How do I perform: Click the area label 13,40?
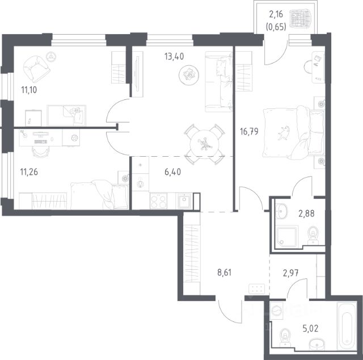(174, 56)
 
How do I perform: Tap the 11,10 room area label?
(29, 90)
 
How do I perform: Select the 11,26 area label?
(29, 172)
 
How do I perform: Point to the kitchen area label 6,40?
(172, 172)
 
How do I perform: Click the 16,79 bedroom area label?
(249, 132)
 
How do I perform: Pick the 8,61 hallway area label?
(225, 273)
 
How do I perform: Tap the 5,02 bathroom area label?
(310, 328)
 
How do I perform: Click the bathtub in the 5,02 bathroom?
(347, 325)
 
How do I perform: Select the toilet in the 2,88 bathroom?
(313, 236)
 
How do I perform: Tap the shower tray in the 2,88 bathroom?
(286, 237)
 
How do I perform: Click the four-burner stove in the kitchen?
(159, 201)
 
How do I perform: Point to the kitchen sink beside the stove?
(184, 201)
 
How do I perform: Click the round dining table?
(204, 144)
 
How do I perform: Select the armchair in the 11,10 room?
(36, 68)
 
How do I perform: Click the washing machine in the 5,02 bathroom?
(277, 310)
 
